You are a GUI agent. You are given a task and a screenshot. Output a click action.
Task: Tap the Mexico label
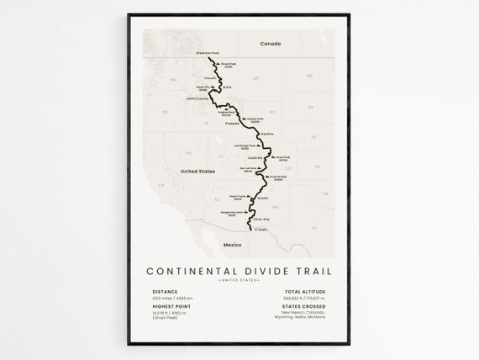click(x=231, y=244)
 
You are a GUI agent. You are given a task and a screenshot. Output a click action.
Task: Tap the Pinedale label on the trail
click(x=233, y=124)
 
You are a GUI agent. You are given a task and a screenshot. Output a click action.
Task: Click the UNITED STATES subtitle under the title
click(x=239, y=280)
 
